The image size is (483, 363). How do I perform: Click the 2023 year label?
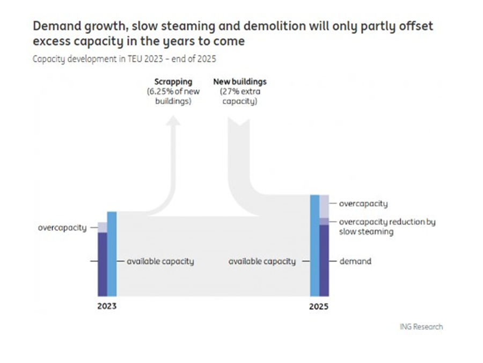[x=107, y=307]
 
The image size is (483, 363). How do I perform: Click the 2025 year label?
[x=319, y=307]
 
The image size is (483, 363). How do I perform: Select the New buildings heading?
[x=240, y=82]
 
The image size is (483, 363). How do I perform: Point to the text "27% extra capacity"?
[x=240, y=96]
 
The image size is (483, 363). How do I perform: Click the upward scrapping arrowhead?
[x=173, y=123]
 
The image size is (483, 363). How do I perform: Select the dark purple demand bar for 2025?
[x=324, y=260]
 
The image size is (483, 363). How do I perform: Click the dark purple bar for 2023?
[x=102, y=264]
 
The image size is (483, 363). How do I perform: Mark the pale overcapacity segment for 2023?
[x=102, y=227]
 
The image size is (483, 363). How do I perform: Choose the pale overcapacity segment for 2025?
[x=324, y=206]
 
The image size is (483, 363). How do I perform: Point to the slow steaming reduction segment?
[x=324, y=221]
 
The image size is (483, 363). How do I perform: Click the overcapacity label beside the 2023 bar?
[x=62, y=228]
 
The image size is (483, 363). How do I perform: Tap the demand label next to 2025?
[x=355, y=262]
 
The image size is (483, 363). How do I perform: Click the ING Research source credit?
[x=421, y=326]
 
